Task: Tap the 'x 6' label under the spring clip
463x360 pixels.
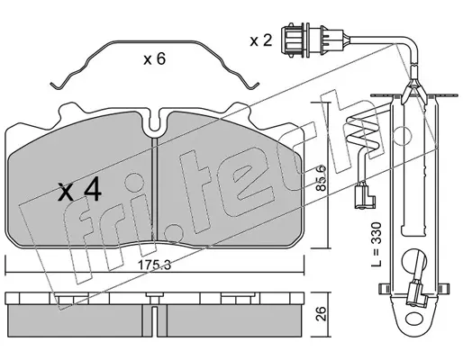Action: [x=155, y=58]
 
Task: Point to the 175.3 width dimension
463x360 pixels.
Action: [x=154, y=265]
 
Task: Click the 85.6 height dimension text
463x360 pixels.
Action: [x=321, y=177]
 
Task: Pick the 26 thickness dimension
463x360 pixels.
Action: [x=321, y=313]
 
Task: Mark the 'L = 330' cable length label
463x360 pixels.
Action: [x=376, y=244]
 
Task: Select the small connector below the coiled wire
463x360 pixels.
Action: [x=365, y=197]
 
